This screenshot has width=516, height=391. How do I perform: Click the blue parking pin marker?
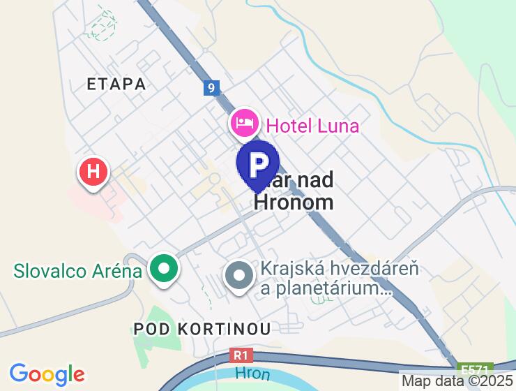pyautogui.click(x=258, y=165)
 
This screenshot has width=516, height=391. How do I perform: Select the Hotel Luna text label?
pyautogui.click(x=313, y=126)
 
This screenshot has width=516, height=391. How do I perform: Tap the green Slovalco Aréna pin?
pyautogui.click(x=165, y=268)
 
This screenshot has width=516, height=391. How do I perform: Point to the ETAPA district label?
pyautogui.click(x=116, y=84)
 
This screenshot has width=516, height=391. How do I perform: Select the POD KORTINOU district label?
pyautogui.click(x=202, y=327)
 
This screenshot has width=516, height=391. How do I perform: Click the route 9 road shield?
pyautogui.click(x=212, y=89)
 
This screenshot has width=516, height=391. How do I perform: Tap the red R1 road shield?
pyautogui.click(x=241, y=356)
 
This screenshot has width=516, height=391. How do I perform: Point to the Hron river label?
pyautogui.click(x=252, y=374)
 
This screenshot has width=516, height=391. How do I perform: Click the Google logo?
pyautogui.click(x=47, y=374)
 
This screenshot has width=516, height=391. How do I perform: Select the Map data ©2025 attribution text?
pyautogui.click(x=457, y=381)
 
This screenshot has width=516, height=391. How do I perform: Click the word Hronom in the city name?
pyautogui.click(x=294, y=202)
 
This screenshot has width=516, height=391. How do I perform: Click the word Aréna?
pyautogui.click(x=113, y=271)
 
